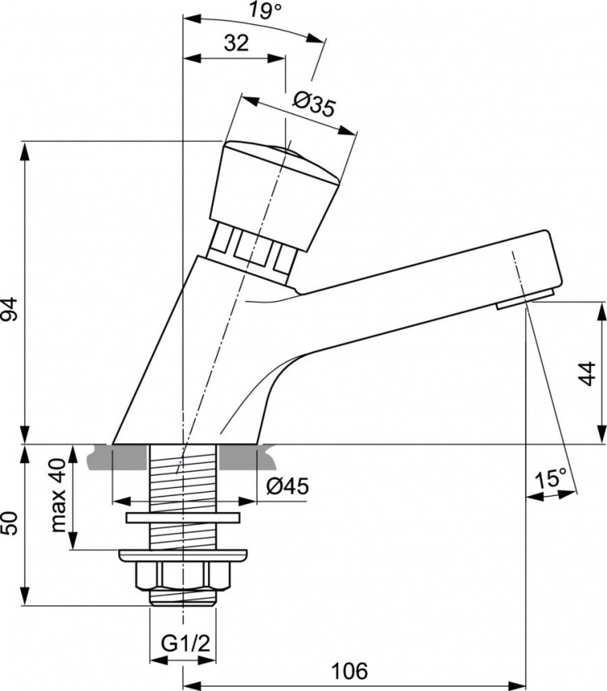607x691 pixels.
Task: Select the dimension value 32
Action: tap(236, 44)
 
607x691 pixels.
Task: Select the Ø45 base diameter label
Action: tap(287, 485)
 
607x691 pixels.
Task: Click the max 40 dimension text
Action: tap(59, 494)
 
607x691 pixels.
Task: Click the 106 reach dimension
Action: tap(350, 671)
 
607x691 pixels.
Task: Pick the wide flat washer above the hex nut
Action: tap(183, 555)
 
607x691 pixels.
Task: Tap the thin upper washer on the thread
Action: tap(183, 517)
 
